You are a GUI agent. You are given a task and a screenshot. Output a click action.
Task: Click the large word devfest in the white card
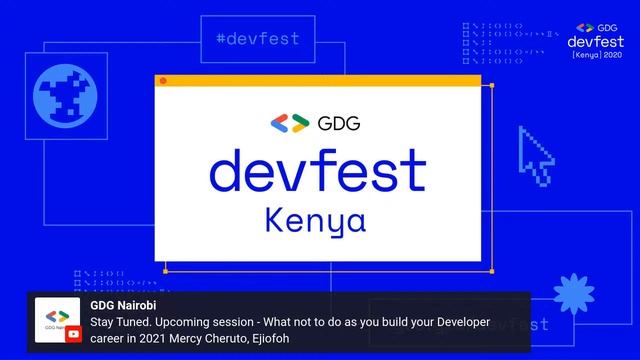317,171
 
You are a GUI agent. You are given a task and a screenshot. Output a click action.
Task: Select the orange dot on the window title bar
164,81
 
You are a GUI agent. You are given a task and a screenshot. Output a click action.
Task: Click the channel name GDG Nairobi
123,305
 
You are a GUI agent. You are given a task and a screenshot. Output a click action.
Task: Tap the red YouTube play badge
73,335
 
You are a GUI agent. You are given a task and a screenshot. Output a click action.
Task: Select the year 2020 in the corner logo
609,55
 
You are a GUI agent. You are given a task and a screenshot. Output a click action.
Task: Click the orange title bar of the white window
320,81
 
